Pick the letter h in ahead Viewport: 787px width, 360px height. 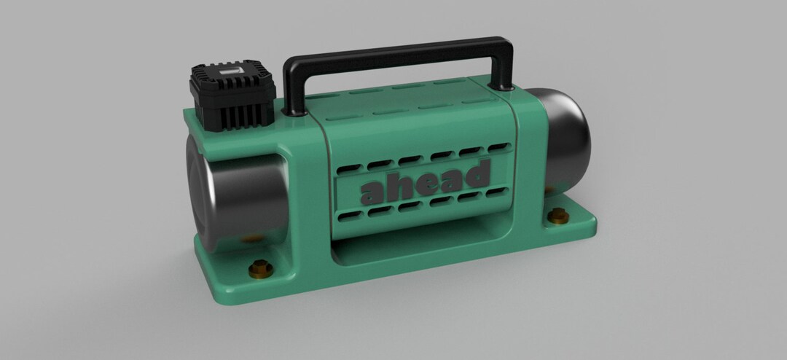pyautogui.click(x=400, y=185)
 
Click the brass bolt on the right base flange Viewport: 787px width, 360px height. pyautogui.click(x=558, y=214)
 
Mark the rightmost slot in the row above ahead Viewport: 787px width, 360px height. pyautogui.click(x=499, y=147)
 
